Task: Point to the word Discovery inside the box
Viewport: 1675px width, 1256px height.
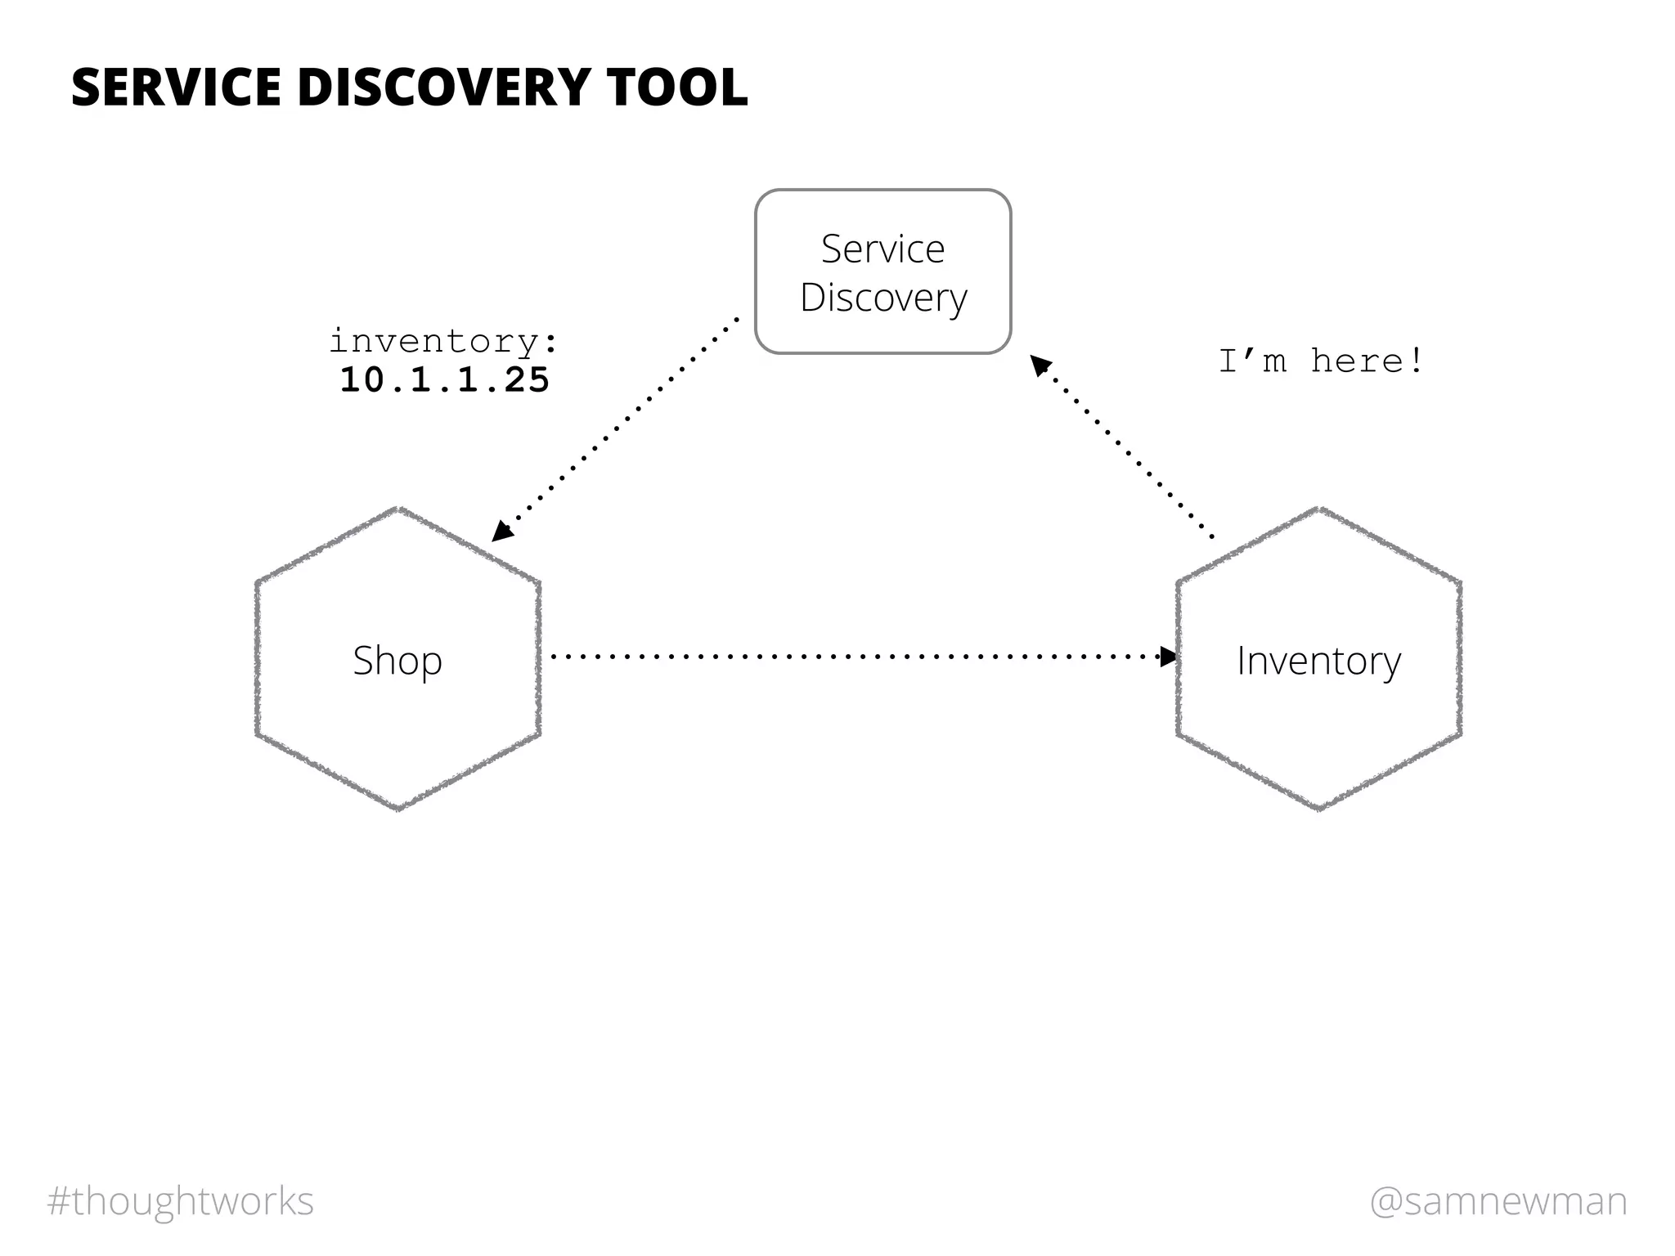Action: [883, 298]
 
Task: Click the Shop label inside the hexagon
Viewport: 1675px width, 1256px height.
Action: [397, 661]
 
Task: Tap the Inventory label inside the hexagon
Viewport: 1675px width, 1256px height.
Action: [1318, 661]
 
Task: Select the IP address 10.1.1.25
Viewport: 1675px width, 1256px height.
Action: [444, 380]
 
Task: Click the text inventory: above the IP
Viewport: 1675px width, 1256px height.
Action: [444, 342]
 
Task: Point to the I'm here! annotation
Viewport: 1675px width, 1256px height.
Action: [1321, 361]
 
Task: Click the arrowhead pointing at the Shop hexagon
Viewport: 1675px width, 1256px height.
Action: [501, 532]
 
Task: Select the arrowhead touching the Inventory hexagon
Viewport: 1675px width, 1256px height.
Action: [1169, 656]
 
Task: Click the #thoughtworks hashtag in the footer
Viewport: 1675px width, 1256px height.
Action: [181, 1201]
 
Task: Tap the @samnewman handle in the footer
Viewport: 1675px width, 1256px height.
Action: [1498, 1201]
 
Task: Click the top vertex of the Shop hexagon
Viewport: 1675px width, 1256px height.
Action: [398, 509]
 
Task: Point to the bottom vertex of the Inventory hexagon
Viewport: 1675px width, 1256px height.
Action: [1319, 809]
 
